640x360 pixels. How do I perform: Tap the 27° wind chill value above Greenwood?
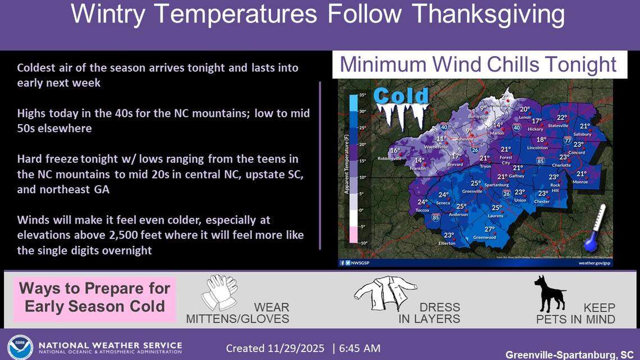coord(490,229)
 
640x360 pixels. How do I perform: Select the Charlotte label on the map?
coord(561,166)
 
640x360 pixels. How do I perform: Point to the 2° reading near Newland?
coord(504,97)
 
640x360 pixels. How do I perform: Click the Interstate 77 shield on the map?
coord(568,140)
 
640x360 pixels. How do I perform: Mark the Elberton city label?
coord(447,243)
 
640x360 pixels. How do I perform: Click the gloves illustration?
coord(219,292)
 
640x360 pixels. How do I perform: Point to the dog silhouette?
coord(548,294)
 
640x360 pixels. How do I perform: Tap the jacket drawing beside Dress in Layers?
coord(385,292)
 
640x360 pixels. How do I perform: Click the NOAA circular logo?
coord(20,347)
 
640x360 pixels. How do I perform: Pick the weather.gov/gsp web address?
coord(596,263)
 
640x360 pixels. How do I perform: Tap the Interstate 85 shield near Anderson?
coord(436,217)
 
